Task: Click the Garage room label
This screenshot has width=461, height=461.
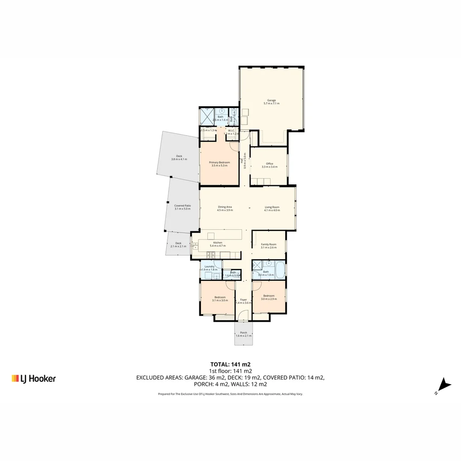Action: coord(271,102)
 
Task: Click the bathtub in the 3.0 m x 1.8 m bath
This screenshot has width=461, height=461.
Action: coord(280,269)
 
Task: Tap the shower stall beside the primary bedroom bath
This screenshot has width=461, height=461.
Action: coord(207,116)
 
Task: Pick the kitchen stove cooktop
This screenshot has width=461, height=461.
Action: coord(211,255)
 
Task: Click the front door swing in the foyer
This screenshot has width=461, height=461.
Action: coord(242,316)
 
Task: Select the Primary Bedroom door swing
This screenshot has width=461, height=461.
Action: coord(234,146)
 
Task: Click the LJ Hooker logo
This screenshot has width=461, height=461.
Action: coord(33,378)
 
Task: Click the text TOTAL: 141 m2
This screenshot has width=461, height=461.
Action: coord(230,365)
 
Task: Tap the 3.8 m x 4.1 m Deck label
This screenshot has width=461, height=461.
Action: coord(179,158)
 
